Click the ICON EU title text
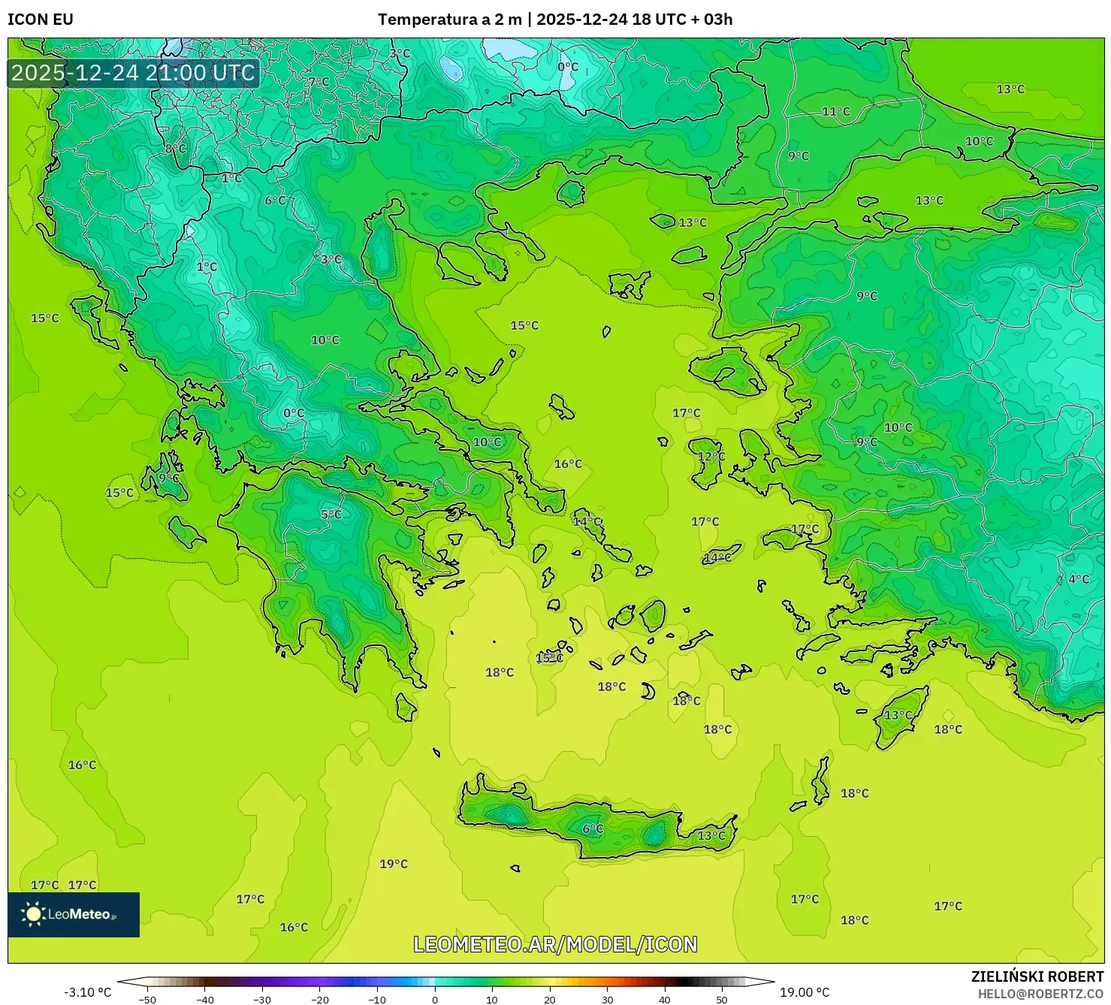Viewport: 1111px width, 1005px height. point(41,20)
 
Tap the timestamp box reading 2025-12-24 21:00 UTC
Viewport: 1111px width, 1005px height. point(133,73)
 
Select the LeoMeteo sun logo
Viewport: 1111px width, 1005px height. point(33,914)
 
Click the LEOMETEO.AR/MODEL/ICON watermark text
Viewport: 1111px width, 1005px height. point(555,944)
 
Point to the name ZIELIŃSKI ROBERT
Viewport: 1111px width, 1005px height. point(1037,977)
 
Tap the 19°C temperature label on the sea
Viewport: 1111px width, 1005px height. point(393,864)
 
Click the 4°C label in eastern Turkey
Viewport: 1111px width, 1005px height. point(1078,579)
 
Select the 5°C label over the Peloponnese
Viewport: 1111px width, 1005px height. point(331,515)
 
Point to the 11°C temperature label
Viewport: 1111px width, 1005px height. point(835,112)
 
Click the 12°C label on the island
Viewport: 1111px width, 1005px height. point(711,457)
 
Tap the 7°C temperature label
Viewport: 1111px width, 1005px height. point(319,81)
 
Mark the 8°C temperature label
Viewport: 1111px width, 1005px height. point(175,149)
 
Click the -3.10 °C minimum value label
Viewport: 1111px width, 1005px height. point(87,992)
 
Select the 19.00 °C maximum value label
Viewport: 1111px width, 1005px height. point(804,992)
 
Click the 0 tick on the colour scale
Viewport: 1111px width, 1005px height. point(434,999)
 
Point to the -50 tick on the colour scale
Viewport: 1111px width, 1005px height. point(147,999)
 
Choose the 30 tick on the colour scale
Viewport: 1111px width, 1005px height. point(607,999)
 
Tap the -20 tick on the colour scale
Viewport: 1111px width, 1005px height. point(319,999)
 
